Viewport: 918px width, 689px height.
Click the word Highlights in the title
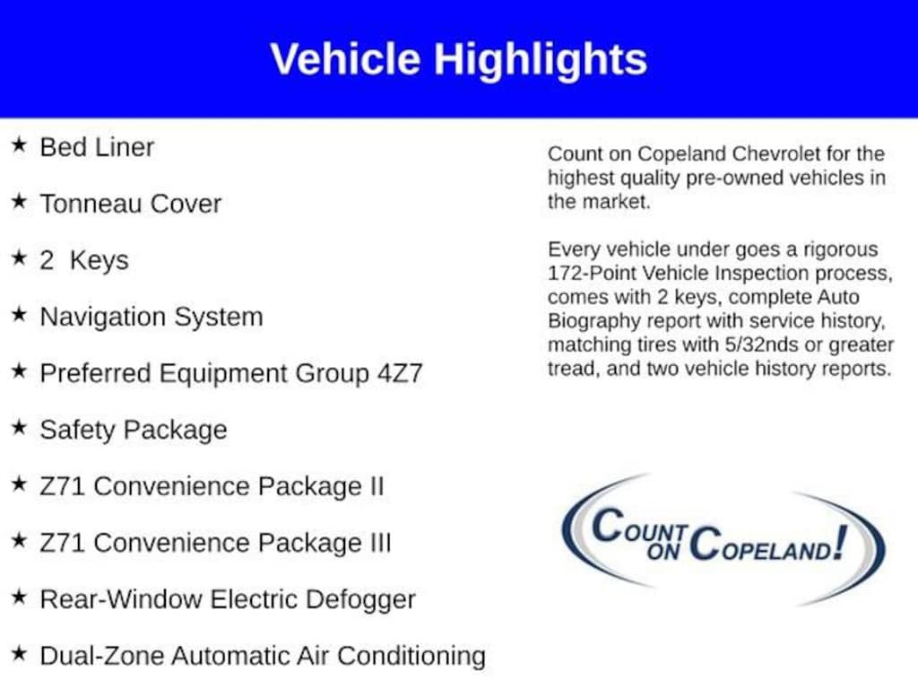click(540, 60)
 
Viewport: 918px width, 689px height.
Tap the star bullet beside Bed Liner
click(19, 144)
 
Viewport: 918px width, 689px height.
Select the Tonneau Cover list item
click(131, 204)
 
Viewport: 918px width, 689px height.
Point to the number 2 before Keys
click(47, 260)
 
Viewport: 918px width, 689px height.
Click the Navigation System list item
click(151, 317)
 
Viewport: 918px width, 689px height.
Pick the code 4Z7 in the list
click(399, 373)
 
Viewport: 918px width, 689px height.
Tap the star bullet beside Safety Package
click(19, 427)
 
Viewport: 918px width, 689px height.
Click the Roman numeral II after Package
click(377, 486)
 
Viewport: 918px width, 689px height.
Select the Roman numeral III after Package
click(380, 543)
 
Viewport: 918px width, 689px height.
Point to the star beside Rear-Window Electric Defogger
click(19, 597)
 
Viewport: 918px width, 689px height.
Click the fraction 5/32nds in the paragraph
click(761, 344)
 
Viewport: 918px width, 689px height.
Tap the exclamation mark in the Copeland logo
click(840, 541)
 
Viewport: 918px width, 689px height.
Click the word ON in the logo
click(663, 552)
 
